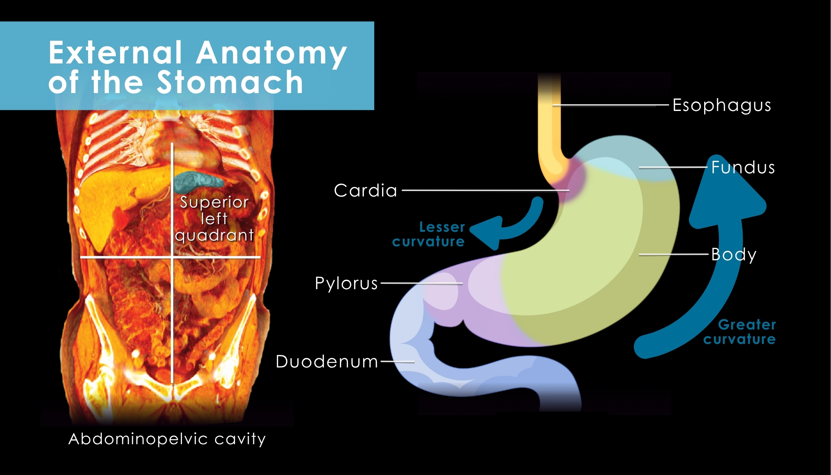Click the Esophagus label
[722, 105]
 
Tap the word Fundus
[743, 167]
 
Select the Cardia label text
[365, 190]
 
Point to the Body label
[734, 255]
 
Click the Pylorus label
[346, 283]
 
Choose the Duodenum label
[327, 361]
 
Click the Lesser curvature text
[429, 234]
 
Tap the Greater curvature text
[740, 332]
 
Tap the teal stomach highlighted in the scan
[197, 181]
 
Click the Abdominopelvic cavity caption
[167, 439]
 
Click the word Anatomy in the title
[271, 53]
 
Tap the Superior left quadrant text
[215, 219]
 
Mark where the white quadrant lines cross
[172, 257]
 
